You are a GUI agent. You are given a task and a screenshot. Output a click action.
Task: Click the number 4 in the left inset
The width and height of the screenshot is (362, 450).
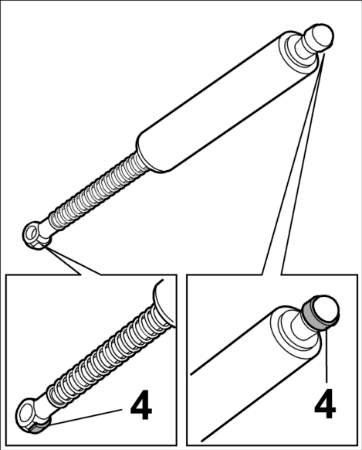[x=141, y=405]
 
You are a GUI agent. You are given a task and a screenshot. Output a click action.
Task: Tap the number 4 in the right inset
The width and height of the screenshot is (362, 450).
[x=325, y=404]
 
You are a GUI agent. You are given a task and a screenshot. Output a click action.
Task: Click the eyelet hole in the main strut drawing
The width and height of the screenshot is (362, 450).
[x=31, y=233]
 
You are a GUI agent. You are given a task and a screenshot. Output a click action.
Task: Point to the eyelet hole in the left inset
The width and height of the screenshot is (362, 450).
[x=26, y=413]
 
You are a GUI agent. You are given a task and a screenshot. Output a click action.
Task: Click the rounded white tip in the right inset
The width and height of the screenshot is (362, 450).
[x=326, y=310]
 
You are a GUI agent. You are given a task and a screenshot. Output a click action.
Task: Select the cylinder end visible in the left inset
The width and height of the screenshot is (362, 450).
[x=164, y=304]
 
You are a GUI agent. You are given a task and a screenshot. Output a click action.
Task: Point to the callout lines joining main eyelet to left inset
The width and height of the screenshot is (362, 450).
[x=73, y=261]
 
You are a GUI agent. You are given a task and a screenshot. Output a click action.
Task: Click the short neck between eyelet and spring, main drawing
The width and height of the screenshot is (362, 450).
[x=45, y=229]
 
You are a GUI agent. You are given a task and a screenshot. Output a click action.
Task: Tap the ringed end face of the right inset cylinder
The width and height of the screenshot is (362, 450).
[x=295, y=333]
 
